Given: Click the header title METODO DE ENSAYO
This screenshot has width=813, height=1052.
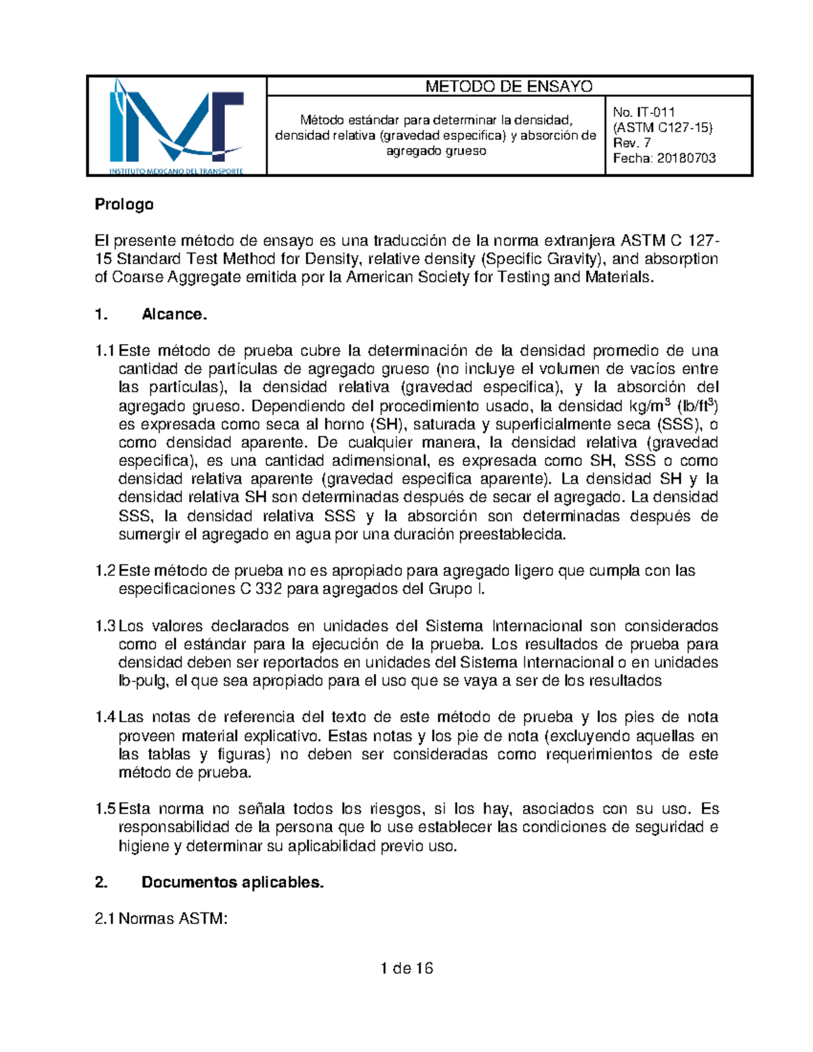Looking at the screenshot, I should tap(509, 87).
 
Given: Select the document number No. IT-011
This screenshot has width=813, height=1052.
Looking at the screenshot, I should tap(644, 112).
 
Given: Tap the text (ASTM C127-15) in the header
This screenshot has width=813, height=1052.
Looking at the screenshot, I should tap(663, 127).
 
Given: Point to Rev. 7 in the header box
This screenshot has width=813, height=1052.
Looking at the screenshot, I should tap(631, 143).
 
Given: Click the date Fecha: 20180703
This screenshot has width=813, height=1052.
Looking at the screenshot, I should tap(664, 159).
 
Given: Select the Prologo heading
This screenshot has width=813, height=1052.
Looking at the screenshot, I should tap(124, 205).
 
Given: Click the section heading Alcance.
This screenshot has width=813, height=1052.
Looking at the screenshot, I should tap(174, 314).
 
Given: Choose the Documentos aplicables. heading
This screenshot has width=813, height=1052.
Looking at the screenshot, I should tap(232, 883).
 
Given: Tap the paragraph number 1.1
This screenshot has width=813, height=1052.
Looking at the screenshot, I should tap(105, 351).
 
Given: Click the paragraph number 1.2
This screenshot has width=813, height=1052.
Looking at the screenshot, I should tap(105, 571).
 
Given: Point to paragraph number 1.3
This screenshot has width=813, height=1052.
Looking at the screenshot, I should tap(105, 626).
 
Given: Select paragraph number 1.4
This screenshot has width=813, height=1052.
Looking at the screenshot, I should tap(105, 717).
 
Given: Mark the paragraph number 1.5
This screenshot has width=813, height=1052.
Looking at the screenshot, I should tap(105, 809).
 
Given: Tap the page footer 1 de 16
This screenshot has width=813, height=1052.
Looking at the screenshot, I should tap(406, 969).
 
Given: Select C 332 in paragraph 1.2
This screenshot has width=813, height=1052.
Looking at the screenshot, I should tap(261, 589).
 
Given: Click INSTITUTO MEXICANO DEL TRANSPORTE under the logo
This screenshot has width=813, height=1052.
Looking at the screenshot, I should tap(176, 171).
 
